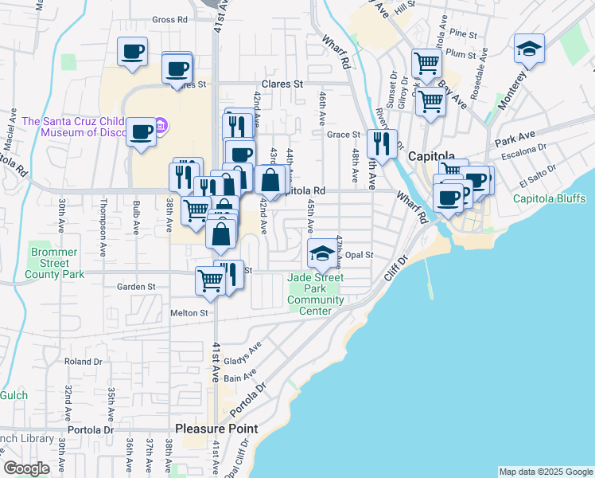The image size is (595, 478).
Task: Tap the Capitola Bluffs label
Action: click(549, 198)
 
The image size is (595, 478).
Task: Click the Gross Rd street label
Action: click(169, 20)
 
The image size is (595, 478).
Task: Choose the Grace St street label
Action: click(344, 135)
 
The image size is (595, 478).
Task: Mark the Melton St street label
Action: click(189, 314)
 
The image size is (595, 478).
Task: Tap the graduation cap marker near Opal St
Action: click(321, 253)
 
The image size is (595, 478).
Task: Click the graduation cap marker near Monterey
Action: click(529, 49)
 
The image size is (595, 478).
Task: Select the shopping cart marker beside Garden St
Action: click(209, 280)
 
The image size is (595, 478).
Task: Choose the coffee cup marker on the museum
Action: click(142, 132)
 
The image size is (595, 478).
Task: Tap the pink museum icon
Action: click(161, 125)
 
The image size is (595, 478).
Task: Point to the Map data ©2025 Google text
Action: click(545, 472)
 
